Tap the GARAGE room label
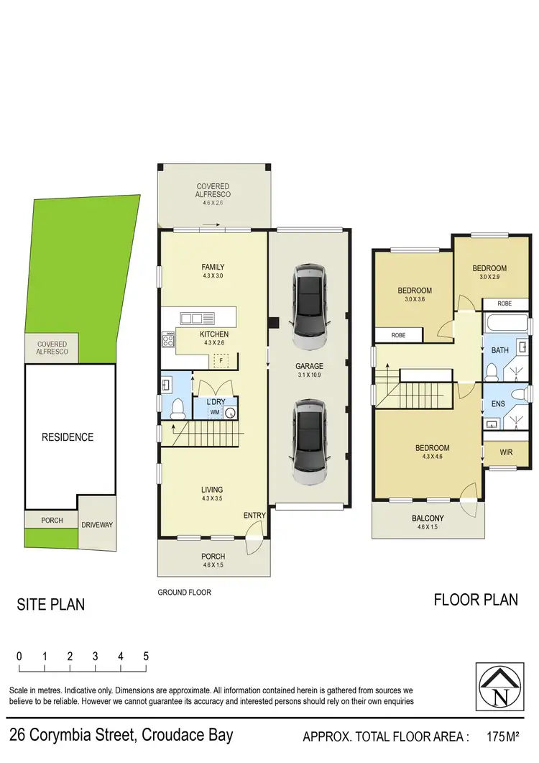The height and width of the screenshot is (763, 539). [x=310, y=366]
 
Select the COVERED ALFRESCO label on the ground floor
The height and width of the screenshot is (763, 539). [x=213, y=191]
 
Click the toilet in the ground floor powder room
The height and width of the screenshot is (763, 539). [x=177, y=409]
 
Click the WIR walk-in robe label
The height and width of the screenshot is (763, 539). [x=506, y=453]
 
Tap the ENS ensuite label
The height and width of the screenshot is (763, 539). [x=498, y=404]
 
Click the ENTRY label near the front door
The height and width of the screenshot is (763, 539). [x=254, y=516]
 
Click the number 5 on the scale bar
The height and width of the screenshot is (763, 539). [x=146, y=656]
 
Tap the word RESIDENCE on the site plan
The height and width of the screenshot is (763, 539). [x=67, y=437]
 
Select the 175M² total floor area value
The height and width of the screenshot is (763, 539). [x=502, y=736]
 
